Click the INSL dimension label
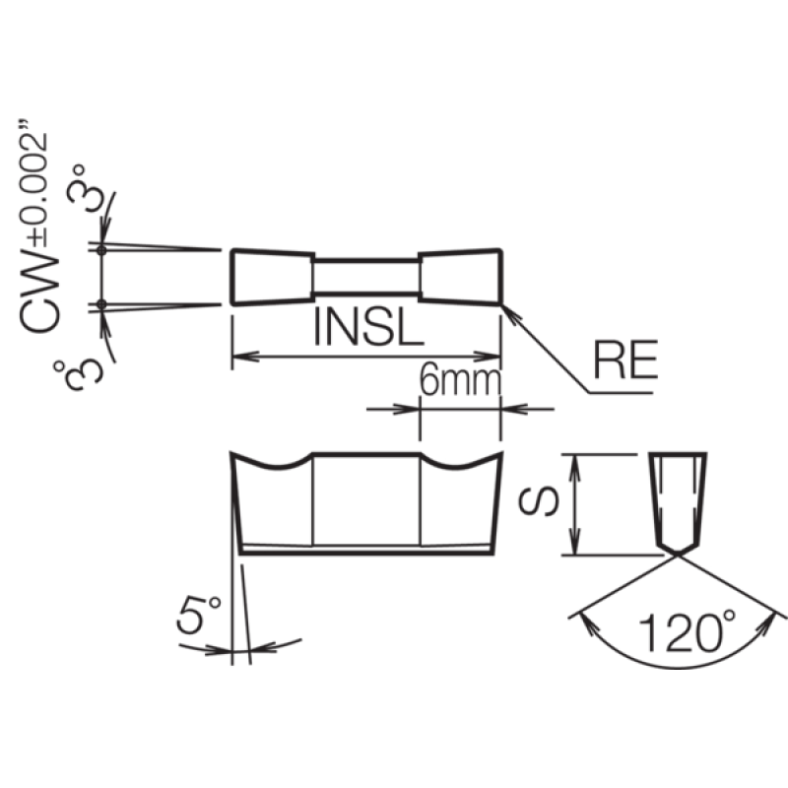(368, 326)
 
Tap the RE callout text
(625, 360)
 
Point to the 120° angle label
(687, 631)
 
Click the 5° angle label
(199, 614)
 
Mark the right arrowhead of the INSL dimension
(488, 357)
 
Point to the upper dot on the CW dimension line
(101, 250)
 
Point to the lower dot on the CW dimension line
(101, 304)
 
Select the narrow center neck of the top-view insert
(366, 277)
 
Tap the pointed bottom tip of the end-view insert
(678, 555)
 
